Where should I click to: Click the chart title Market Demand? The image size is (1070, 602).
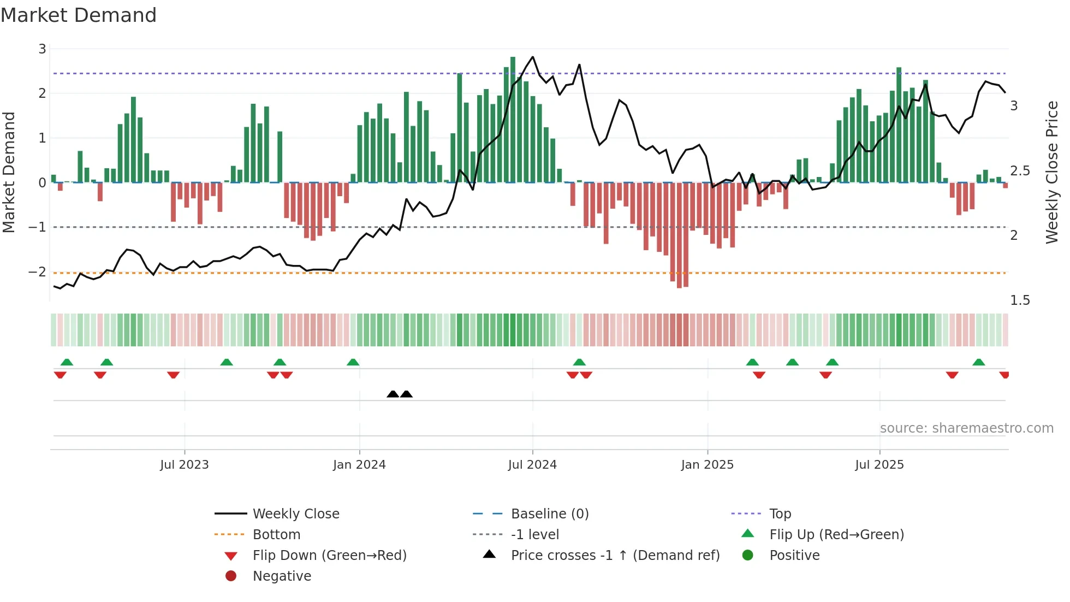coord(79,15)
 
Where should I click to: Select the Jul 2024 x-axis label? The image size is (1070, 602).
coord(532,465)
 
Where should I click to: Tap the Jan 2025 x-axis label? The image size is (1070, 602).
coord(707,465)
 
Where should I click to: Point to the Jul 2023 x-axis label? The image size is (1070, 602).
coord(185,465)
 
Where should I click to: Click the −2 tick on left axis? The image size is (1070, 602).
coord(38,272)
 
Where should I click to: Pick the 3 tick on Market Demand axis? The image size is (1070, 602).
coord(42,49)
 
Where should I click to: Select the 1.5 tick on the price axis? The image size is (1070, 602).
coord(1019,300)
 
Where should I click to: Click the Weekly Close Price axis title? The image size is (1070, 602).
coord(1051,172)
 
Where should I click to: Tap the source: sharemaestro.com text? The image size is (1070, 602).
coord(966,428)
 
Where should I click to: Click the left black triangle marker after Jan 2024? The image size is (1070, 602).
coord(393,394)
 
